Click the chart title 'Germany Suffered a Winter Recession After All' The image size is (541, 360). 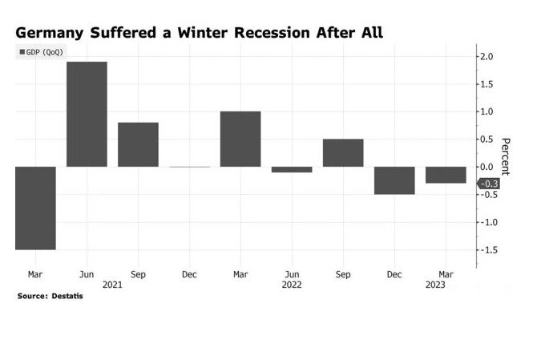pos(199,33)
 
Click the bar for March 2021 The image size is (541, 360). pos(35,208)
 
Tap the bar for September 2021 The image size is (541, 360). pos(138,144)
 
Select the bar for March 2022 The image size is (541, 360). pos(240,139)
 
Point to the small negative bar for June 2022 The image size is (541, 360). pos(292,169)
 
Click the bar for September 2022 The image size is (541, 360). pos(343,152)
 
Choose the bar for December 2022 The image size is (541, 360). pos(394,180)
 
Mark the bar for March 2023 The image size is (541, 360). pos(446,175)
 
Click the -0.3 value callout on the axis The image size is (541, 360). pos(489,184)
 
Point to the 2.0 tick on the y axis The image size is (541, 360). pos(486,57)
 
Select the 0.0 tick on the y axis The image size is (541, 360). pos(486,167)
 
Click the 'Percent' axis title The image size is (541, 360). pos(506,156)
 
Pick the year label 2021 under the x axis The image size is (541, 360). pos(112,285)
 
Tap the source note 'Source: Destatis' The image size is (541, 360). pos(50,297)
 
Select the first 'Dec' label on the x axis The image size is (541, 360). pos(189,274)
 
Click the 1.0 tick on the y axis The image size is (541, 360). pos(486,111)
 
